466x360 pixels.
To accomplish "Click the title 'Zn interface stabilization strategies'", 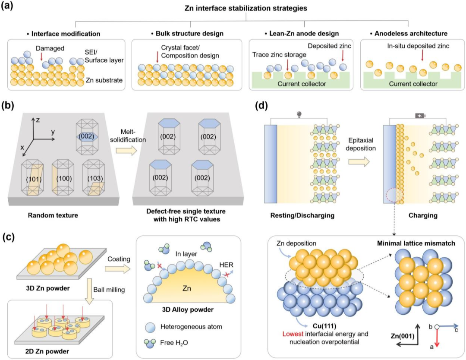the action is click(246, 8).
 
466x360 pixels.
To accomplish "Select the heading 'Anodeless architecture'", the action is click(411, 34).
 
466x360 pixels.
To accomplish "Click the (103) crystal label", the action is click(95, 179).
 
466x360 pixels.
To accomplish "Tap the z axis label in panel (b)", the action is click(38, 120).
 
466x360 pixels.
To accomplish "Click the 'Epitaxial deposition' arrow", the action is click(359, 162).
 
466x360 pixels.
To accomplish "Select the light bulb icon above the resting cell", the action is click(299, 114).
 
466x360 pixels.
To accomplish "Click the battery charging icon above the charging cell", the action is click(420, 116).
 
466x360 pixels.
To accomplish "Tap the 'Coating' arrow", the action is click(117, 269).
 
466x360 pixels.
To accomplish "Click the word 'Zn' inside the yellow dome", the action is click(187, 288).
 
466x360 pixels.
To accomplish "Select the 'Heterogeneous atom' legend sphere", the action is click(151, 327).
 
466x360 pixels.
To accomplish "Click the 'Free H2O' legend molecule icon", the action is click(151, 343).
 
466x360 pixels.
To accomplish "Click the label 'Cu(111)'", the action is click(324, 326).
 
